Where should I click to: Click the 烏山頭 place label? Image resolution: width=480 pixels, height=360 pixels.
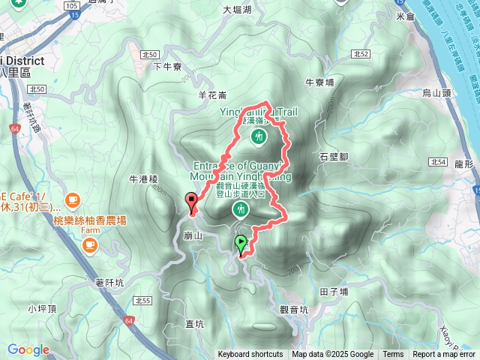(435, 93)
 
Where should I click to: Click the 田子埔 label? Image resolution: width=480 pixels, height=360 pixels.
(334, 292)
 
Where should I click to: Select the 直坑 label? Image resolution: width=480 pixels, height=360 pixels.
(194, 324)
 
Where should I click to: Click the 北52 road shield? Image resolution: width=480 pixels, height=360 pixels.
(361, 54)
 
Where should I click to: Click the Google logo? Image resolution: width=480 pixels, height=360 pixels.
(28, 349)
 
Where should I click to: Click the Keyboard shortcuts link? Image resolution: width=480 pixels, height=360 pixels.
(250, 355)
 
